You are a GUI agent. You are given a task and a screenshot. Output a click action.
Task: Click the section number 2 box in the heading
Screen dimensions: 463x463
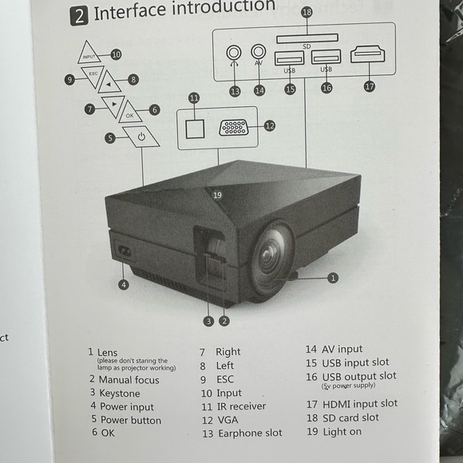(78, 15)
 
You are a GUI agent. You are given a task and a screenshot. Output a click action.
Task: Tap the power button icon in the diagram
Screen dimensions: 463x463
(141, 137)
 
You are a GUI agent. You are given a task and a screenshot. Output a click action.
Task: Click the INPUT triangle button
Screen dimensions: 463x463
(90, 56)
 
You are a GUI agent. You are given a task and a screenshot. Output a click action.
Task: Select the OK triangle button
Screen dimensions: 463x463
(129, 114)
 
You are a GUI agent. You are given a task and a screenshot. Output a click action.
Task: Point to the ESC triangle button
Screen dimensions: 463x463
(93, 77)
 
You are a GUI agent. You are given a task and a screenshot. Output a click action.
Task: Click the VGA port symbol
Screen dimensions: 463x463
(233, 127)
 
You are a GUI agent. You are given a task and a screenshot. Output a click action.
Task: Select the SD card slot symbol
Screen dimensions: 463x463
(307, 38)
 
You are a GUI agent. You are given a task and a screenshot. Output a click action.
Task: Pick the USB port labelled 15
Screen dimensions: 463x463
(289, 57)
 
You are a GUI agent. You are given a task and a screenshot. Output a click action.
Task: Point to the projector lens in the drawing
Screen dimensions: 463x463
(272, 258)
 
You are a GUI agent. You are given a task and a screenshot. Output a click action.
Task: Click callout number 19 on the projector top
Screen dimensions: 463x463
(217, 194)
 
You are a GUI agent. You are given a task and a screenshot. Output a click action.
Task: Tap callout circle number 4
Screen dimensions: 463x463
(124, 285)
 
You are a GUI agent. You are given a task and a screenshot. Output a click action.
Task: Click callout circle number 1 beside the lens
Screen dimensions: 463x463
(333, 277)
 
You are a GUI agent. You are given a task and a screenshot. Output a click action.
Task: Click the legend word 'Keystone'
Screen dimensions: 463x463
(119, 394)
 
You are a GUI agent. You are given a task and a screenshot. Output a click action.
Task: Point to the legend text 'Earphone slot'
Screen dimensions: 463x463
(250, 433)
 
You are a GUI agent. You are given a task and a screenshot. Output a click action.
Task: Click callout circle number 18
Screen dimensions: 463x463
(307, 12)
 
